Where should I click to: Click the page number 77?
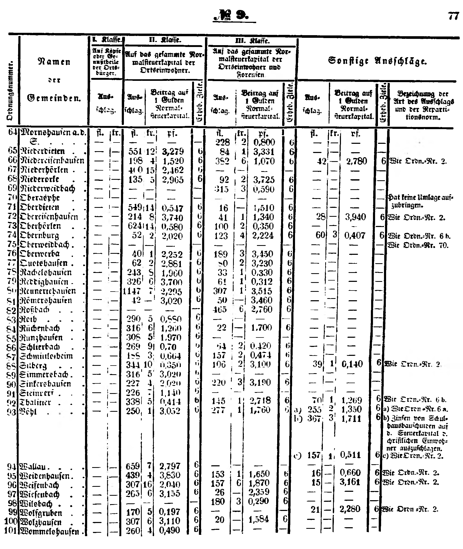point(453,16)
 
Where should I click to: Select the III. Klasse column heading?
point(252,41)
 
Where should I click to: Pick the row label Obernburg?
point(39,236)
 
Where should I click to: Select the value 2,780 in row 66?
point(356,161)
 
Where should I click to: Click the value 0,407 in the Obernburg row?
point(354,235)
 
